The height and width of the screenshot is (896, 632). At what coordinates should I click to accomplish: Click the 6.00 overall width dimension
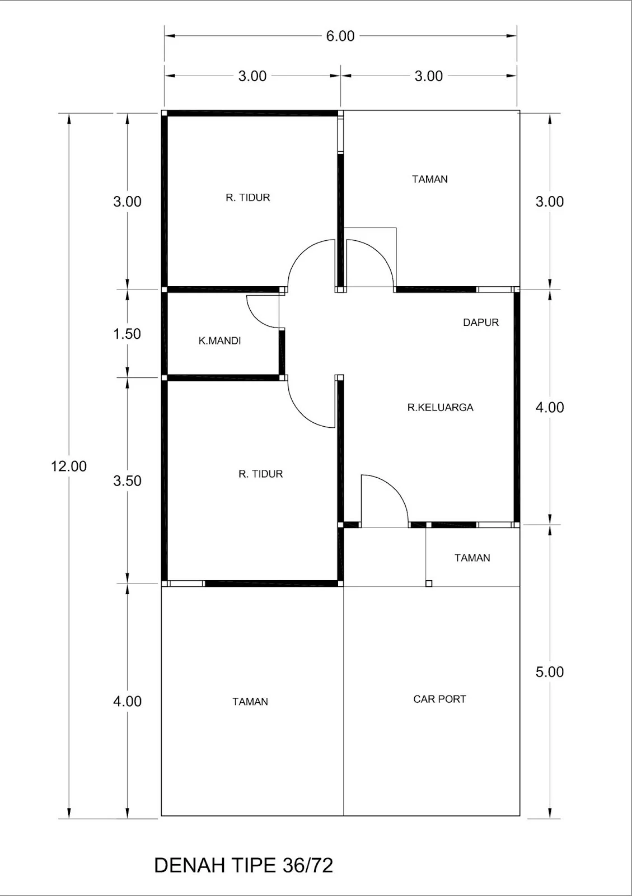click(340, 36)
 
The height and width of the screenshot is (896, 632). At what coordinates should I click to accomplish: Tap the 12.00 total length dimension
click(69, 466)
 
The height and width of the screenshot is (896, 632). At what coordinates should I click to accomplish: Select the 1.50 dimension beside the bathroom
click(127, 334)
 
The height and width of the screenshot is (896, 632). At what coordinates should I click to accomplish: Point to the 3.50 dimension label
click(127, 480)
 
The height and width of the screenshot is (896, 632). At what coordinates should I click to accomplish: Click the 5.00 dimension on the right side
click(549, 672)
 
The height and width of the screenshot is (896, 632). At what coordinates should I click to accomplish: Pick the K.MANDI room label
click(219, 340)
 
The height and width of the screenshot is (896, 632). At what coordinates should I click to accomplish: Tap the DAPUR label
click(480, 323)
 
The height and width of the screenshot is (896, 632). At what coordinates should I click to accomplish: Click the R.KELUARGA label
click(440, 407)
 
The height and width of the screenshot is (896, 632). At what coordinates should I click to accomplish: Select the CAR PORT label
click(439, 699)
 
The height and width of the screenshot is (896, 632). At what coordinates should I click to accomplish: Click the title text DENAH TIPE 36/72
click(244, 865)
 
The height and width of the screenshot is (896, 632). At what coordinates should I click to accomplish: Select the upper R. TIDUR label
click(247, 198)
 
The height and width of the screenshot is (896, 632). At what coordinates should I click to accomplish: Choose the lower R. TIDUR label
click(260, 474)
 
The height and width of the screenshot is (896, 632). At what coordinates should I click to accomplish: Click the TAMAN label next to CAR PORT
click(250, 702)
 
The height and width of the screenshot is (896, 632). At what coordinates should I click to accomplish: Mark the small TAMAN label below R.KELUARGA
click(472, 558)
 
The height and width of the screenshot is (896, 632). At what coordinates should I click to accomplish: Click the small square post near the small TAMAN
click(429, 584)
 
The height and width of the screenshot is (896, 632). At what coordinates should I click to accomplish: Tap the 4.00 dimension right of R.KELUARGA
click(549, 407)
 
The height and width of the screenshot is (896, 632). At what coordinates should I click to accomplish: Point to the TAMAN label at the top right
click(429, 179)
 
